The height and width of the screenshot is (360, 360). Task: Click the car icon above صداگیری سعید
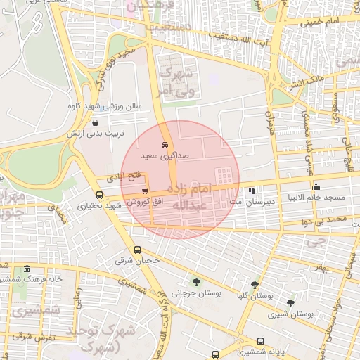[x=165, y=145]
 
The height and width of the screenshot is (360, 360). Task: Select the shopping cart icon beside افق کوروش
[x=145, y=191]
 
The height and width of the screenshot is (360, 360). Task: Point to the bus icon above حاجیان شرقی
[x=136, y=250]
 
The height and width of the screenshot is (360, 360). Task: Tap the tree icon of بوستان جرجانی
[x=195, y=282]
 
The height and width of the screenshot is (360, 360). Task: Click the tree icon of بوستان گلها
[x=254, y=285]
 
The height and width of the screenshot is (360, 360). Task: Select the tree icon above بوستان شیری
[x=290, y=303]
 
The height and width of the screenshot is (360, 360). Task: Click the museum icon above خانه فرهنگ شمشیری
[x=27, y=269]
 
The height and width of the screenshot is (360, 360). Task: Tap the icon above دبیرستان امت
[x=252, y=191]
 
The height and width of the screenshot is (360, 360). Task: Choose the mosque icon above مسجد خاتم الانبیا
[x=316, y=187]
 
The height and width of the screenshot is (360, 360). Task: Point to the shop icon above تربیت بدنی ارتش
[x=95, y=122]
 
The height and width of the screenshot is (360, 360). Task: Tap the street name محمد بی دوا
[x=330, y=220]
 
